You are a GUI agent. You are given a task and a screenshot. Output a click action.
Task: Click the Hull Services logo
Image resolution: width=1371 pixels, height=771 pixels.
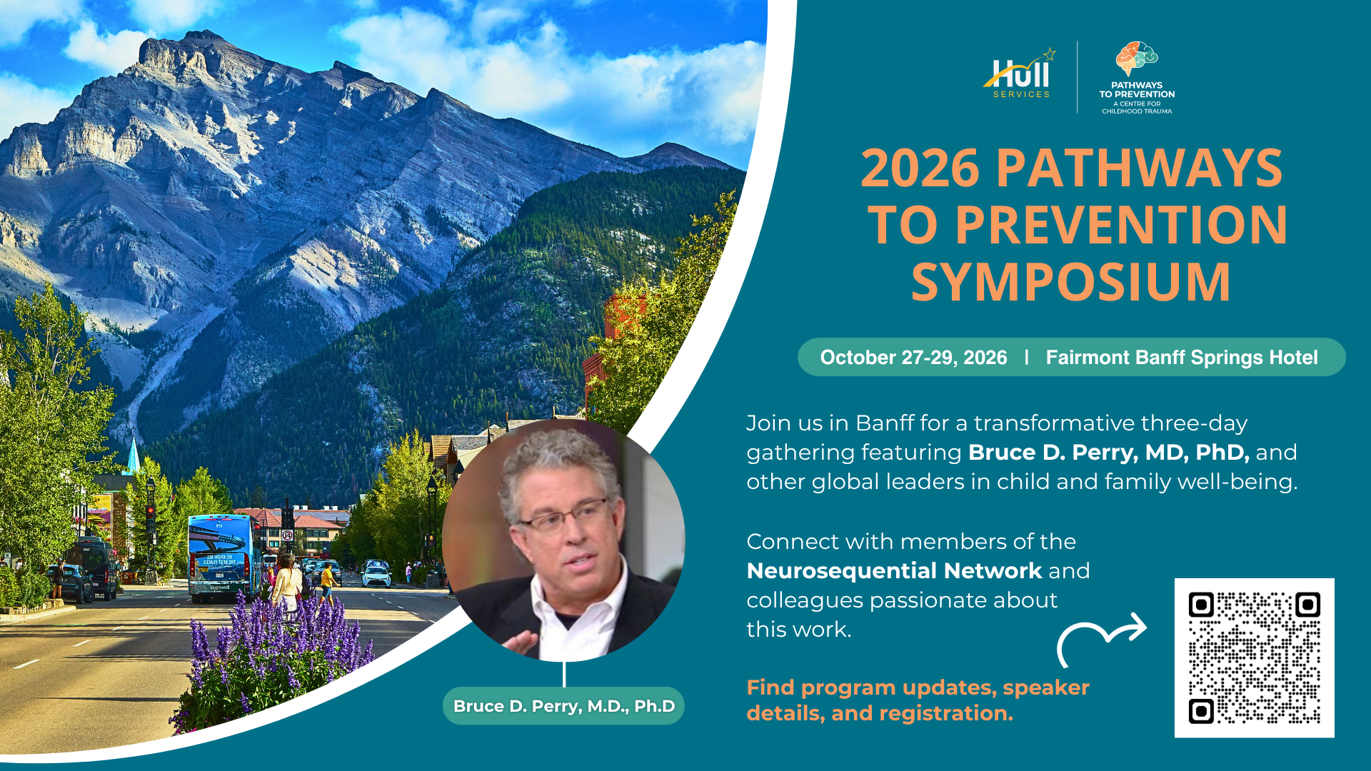point(1020,74)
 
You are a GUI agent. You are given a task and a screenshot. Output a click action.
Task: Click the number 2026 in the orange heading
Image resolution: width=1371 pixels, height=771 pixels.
point(920,169)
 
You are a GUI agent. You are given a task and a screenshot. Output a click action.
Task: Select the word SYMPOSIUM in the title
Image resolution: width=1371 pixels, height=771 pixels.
point(1071,282)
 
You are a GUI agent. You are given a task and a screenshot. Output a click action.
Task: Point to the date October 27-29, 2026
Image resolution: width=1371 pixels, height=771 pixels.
point(913,358)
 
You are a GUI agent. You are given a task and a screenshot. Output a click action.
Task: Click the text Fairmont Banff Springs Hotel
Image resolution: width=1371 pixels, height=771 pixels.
point(1182,358)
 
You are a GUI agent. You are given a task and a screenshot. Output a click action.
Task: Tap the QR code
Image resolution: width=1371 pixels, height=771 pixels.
point(1254,657)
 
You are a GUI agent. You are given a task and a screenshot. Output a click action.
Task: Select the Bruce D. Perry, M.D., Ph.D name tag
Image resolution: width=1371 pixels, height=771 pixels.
point(563,706)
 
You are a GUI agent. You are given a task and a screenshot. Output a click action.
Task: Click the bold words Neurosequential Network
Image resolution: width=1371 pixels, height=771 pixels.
point(894,571)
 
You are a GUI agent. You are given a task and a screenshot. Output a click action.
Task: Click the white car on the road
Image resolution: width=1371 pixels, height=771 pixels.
point(376,575)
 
